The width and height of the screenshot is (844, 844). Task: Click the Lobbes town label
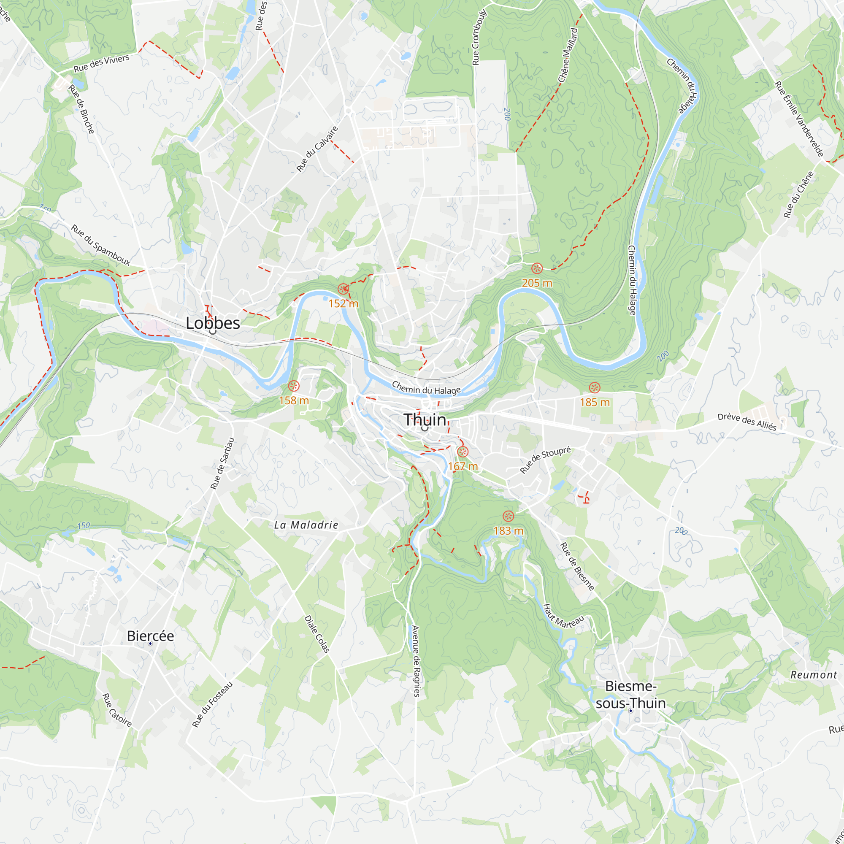[213, 323]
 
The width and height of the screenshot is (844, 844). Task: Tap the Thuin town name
[425, 420]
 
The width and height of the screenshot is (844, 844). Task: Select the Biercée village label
[150, 636]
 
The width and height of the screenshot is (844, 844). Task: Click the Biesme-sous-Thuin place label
[631, 695]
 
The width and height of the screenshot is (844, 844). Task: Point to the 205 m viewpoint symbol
[537, 269]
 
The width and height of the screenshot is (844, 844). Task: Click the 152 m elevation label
[344, 303]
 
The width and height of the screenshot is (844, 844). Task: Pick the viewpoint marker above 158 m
[294, 386]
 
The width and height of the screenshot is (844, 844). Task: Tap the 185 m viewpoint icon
[594, 387]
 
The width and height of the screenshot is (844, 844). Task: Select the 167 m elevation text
[463, 467]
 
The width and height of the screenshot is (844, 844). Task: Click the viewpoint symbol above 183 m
[508, 517]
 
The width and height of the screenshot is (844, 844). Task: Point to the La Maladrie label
[306, 525]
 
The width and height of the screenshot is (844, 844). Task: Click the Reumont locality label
[814, 675]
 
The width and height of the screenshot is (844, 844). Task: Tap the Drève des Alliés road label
[747, 422]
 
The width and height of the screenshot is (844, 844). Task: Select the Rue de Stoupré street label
[545, 460]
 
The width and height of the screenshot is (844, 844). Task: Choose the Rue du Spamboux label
[101, 245]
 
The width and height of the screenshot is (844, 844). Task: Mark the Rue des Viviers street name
[101, 64]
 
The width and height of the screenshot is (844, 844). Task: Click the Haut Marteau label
[563, 617]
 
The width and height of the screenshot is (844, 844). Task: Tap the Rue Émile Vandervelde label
[799, 119]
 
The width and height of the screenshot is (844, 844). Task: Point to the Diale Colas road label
[317, 634]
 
